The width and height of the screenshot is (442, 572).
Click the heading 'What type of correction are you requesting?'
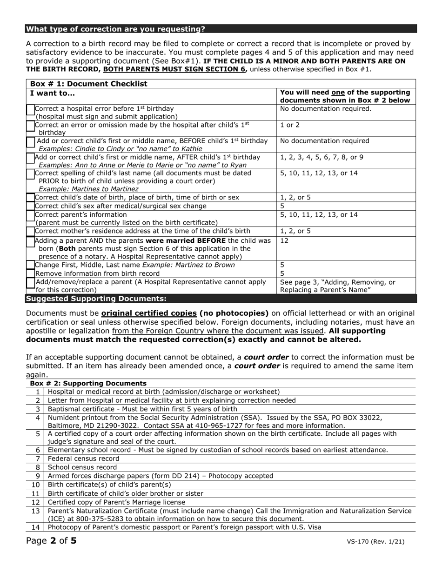[x=115, y=29]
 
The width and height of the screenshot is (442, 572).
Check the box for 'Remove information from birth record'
[x=31, y=273]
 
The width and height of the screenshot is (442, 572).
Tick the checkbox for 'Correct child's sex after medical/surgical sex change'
[x=31, y=206]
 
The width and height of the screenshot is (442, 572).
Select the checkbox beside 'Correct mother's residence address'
[x=31, y=231]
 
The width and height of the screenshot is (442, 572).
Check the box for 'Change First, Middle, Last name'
[x=31, y=265]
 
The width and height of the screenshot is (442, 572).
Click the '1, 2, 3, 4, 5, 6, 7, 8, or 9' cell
[x=322, y=157]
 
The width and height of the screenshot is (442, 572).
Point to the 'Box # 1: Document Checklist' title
[x=88, y=84]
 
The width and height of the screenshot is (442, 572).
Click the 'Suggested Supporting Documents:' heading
[x=96, y=299]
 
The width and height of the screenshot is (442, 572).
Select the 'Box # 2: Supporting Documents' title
[x=88, y=383]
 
